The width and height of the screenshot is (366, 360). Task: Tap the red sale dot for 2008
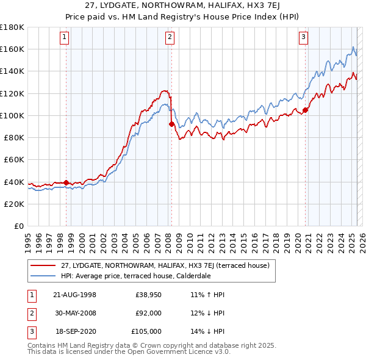[x=171, y=124]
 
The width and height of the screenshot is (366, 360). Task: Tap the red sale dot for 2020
[x=305, y=110]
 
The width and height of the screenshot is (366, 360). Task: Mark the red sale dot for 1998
[x=66, y=182]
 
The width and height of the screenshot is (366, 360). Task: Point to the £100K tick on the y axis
[x=12, y=115]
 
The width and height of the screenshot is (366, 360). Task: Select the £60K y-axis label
[x=13, y=159]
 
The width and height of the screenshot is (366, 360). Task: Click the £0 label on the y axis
[x=18, y=226]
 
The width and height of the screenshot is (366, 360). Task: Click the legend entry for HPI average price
[x=135, y=276]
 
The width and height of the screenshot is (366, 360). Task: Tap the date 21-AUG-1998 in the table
[x=75, y=295]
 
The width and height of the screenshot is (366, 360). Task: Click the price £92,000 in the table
[x=148, y=313]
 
